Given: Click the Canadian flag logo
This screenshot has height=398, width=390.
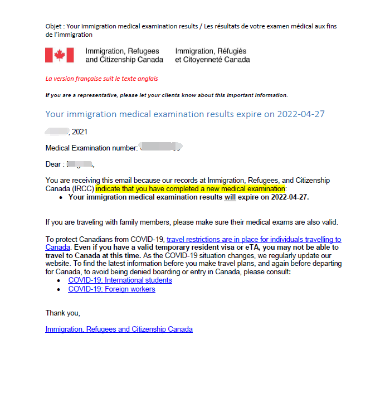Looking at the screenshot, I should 60,55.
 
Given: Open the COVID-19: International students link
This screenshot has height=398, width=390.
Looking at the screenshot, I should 120,280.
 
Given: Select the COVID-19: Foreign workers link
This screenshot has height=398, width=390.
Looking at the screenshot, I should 111,289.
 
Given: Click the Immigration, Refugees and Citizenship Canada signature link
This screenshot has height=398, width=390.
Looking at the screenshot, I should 119,329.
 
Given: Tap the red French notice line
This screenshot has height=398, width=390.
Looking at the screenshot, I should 101,79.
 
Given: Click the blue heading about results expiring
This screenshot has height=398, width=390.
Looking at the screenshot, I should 184,114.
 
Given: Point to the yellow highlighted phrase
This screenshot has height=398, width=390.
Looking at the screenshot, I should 190,189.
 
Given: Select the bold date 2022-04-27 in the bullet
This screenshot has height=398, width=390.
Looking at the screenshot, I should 287,197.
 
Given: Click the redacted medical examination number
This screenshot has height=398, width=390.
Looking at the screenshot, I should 161,148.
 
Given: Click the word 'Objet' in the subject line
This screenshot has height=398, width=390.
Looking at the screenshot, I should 55,26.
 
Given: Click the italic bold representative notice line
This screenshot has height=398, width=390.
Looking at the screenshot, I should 166,95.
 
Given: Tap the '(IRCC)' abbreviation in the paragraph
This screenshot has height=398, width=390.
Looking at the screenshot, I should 82,189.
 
